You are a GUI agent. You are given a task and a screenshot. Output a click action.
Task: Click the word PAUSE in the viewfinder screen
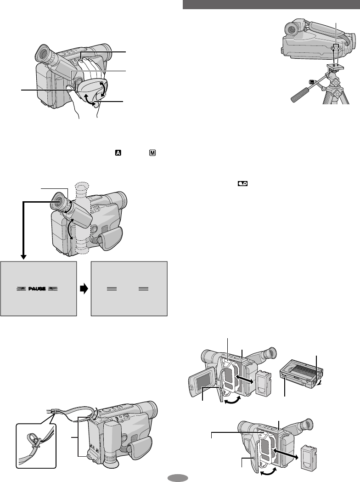click(38, 288)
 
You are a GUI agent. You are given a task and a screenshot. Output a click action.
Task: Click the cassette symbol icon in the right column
click(242, 182)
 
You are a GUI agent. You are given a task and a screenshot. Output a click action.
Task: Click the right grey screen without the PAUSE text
click(129, 289)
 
